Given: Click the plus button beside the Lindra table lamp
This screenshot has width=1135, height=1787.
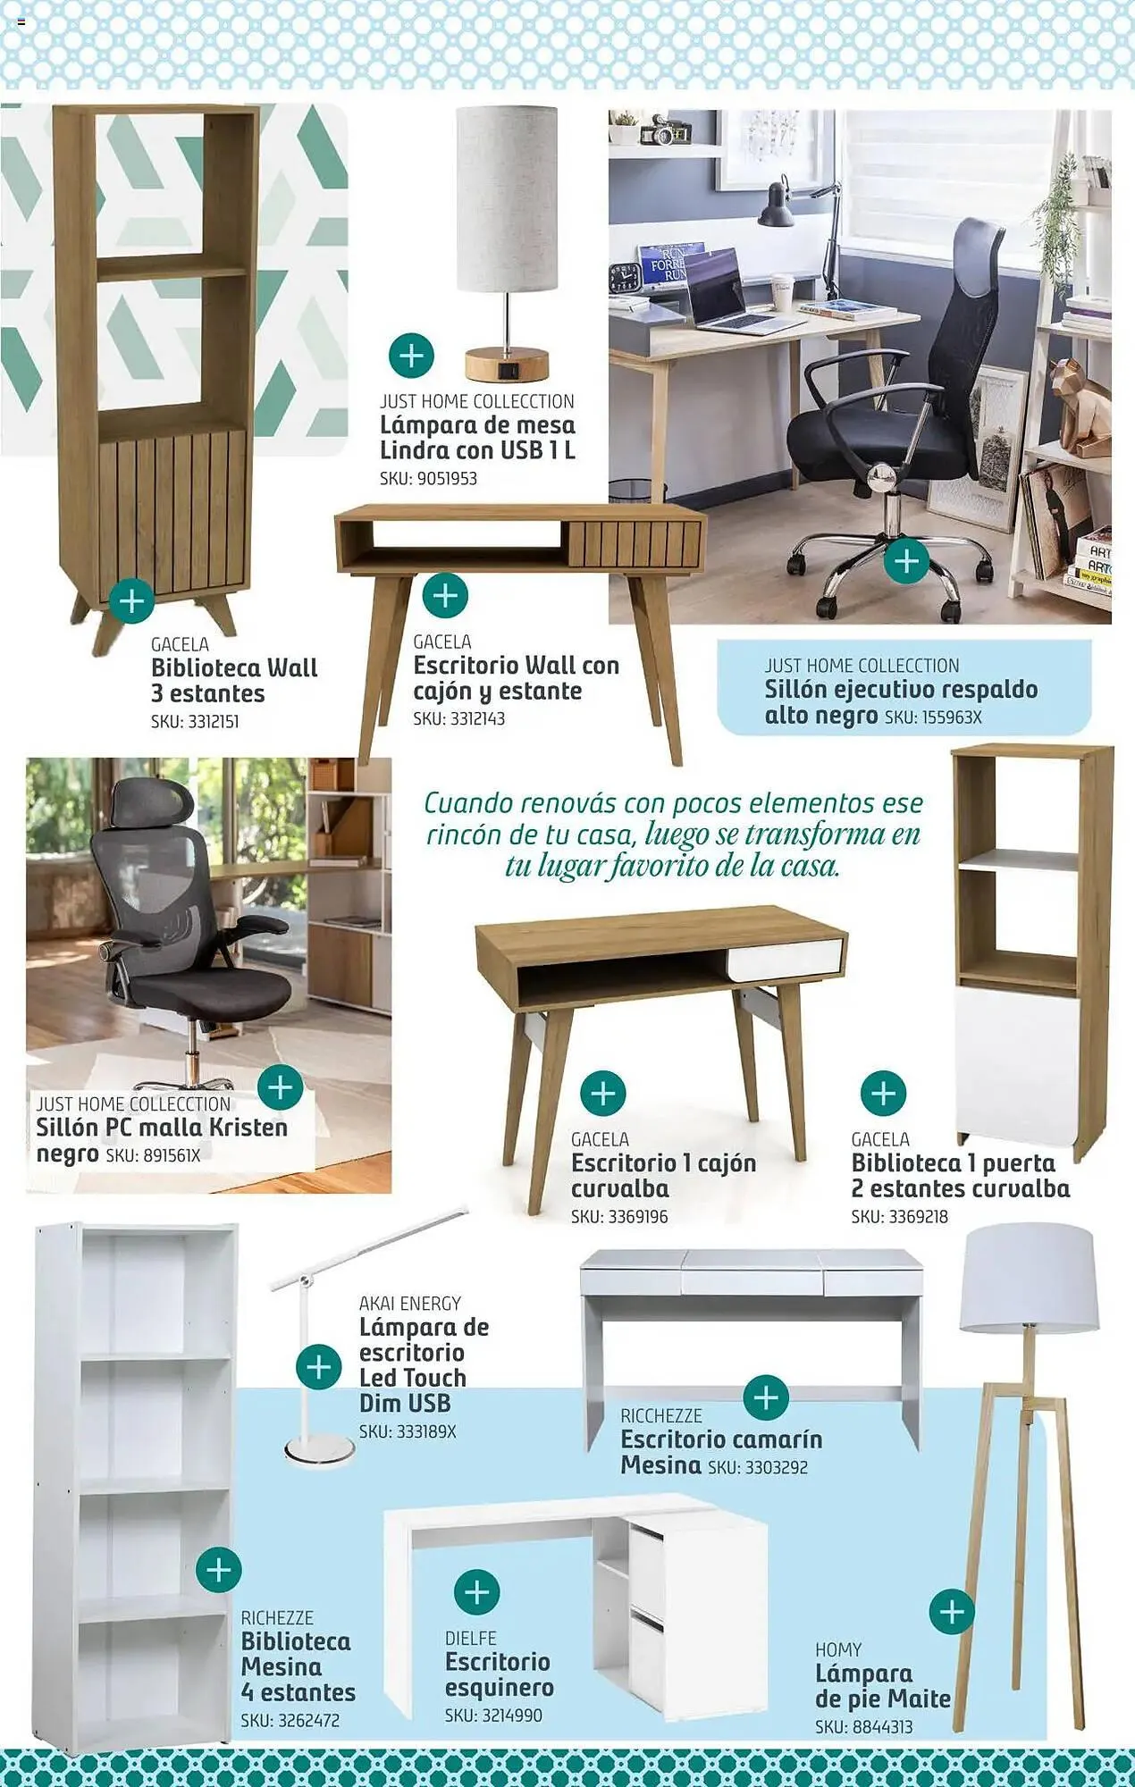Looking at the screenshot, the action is point(411,356).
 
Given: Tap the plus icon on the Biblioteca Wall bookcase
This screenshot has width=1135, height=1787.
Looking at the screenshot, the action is point(131,600).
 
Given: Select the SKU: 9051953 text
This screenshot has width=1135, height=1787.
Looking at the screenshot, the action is point(428,479).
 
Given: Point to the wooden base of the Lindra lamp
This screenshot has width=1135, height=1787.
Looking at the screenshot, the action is point(507,364).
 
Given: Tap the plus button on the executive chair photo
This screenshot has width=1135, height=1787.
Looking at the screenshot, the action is point(906,561).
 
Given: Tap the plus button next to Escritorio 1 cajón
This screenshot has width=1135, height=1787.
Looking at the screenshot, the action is point(603,1093).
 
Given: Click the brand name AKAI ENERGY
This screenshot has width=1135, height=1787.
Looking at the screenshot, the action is point(410,1304).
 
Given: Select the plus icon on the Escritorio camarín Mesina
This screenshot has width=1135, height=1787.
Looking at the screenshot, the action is point(766,1397).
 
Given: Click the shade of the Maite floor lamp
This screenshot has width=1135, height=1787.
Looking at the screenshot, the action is point(1027,1279).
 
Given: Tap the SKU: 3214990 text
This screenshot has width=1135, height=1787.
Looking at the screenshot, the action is point(493,1716).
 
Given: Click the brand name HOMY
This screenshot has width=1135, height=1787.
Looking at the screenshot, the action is point(838,1649).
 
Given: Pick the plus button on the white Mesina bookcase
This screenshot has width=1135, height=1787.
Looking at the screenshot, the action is point(219,1570).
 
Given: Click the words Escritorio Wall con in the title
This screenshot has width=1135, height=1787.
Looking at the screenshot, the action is point(516,666).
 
